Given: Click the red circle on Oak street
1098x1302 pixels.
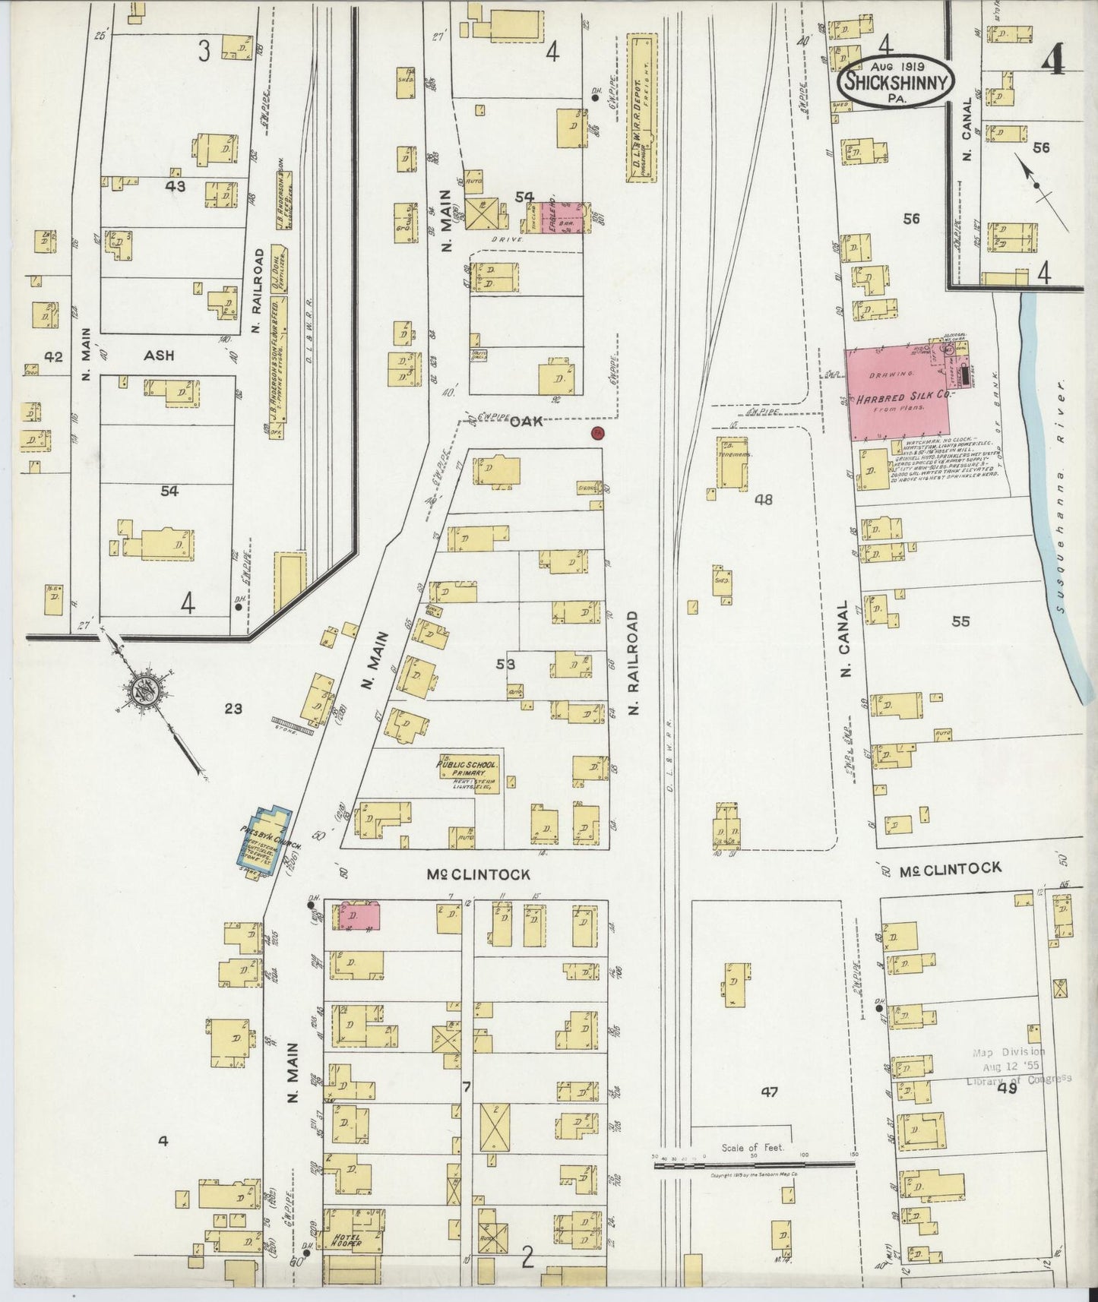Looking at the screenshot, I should click(x=597, y=434).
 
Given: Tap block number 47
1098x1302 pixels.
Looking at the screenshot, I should click(x=769, y=1092).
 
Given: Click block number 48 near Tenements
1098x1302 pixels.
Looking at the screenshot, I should click(x=764, y=500).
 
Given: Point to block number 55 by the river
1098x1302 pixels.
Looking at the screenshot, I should click(x=960, y=621).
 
